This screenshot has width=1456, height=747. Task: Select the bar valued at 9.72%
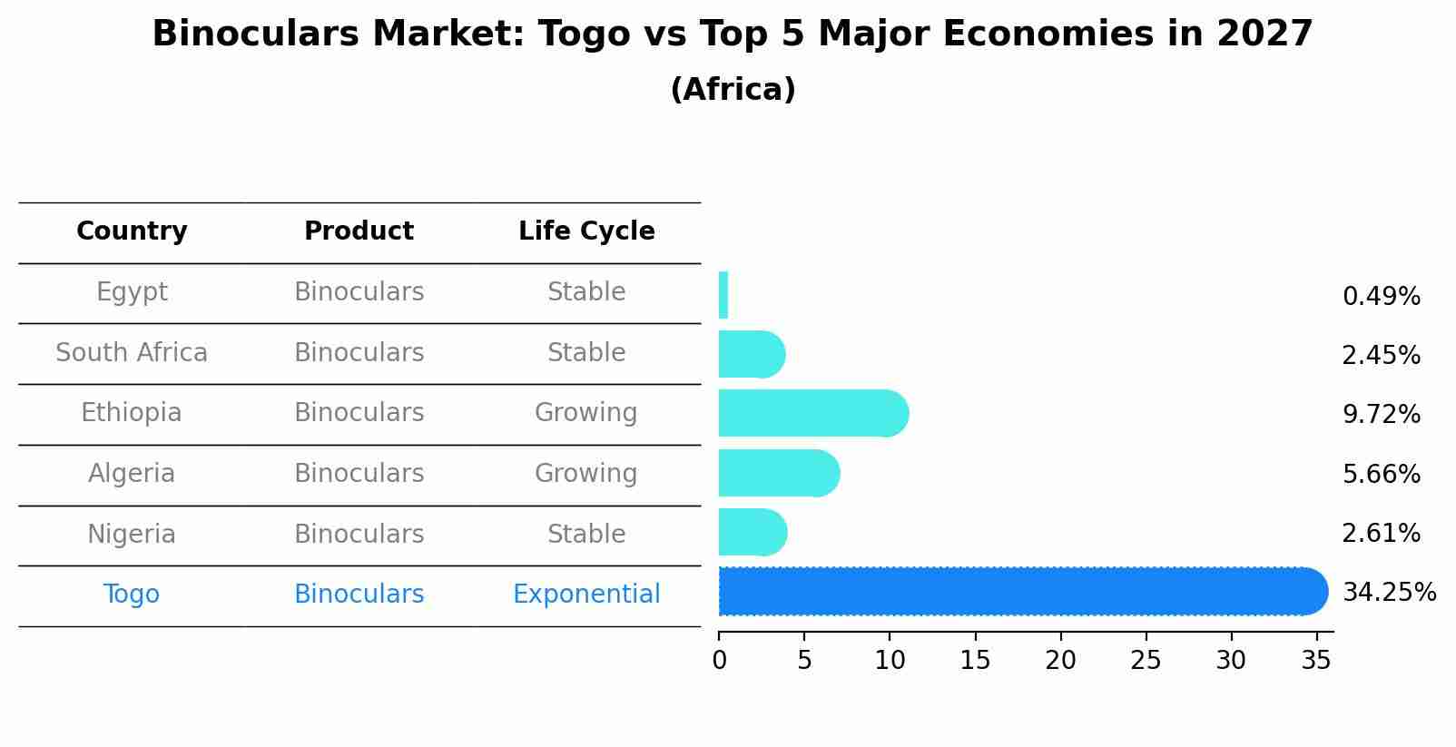[x=812, y=414]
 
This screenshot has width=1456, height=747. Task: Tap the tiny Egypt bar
[x=723, y=296]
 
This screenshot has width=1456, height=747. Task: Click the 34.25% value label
[x=1389, y=593]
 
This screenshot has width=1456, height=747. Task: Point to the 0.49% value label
[x=1381, y=297]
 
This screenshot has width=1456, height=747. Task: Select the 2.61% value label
[x=1381, y=534]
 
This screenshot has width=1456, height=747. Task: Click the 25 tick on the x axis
[x=1146, y=661]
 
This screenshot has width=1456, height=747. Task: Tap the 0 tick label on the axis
[x=720, y=661]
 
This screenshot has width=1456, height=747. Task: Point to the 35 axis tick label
[x=1316, y=661]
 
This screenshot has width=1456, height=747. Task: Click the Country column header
[x=132, y=231]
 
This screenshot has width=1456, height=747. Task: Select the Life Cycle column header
[x=586, y=231]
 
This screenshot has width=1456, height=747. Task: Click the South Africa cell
[x=132, y=353]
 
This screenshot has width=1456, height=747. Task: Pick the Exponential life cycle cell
[x=586, y=595]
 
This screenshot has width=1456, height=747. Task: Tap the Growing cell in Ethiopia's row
[x=586, y=413]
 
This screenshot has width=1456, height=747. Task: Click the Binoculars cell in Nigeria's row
[x=359, y=535]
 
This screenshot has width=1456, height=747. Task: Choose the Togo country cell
[x=132, y=595]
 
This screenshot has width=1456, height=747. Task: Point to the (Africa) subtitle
[x=733, y=90]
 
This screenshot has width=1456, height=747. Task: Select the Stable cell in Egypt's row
[x=586, y=292]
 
